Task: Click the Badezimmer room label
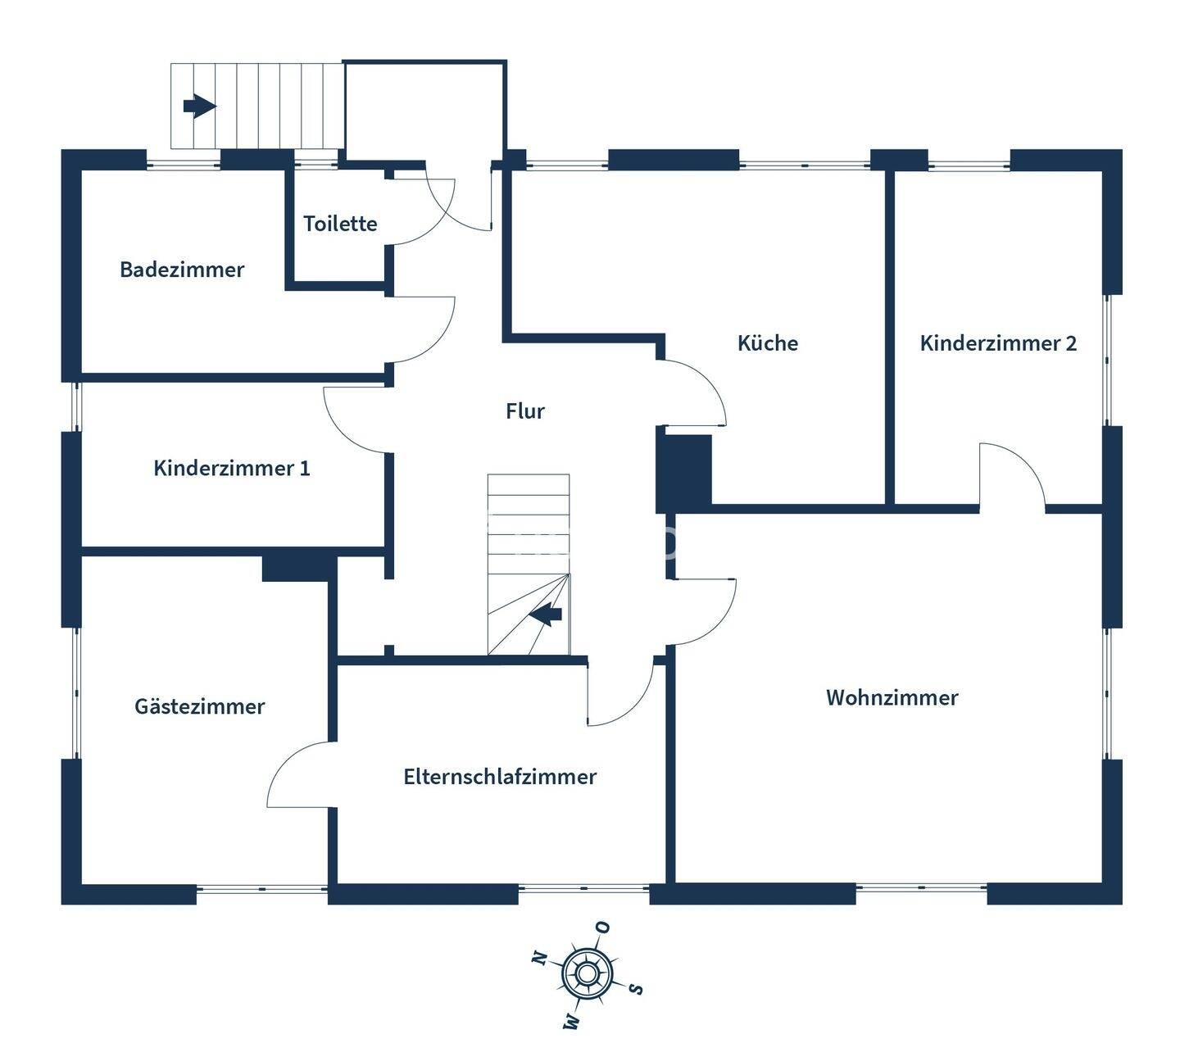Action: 182,270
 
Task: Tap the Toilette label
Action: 340,224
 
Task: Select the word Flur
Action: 525,411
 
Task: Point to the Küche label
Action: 768,343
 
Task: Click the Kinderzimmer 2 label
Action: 998,343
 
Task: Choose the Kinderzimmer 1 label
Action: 232,468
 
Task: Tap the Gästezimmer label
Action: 200,706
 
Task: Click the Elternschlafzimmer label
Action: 500,777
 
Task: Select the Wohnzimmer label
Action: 892,697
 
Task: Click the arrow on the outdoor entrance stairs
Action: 199,106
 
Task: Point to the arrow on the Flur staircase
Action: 546,614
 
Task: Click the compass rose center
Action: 587,973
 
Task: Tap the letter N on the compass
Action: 539,957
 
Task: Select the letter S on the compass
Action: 635,988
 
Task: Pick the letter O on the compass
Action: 603,928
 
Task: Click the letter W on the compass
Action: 571,1021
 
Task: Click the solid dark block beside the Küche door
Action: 684,473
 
